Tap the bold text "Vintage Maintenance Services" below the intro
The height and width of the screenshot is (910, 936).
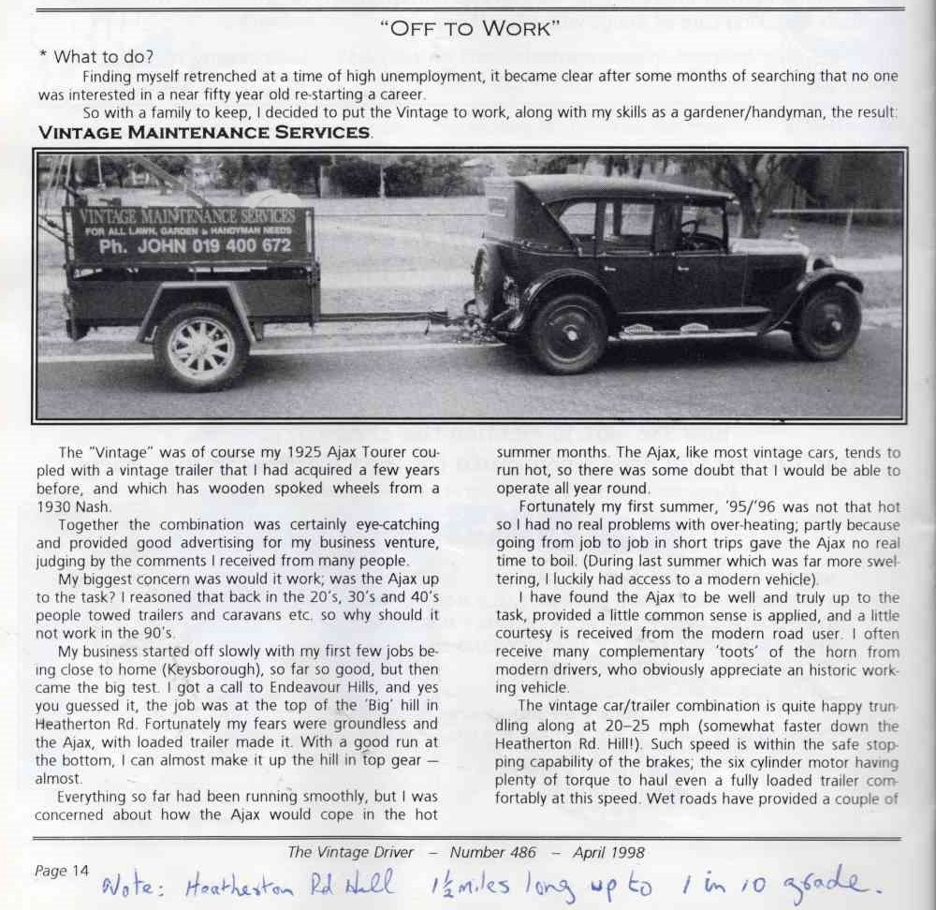tap(204, 132)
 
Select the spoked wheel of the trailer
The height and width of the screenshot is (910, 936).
tap(201, 345)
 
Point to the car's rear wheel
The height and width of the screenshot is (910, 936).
tap(567, 333)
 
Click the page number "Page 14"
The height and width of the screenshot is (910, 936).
tap(62, 871)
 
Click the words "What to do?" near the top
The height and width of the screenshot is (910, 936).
tap(105, 57)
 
